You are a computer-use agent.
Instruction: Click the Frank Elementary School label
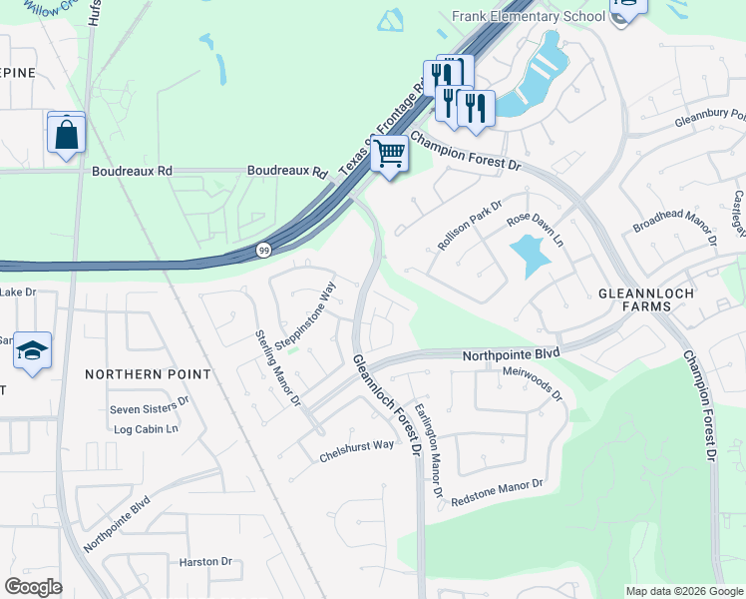click(529, 17)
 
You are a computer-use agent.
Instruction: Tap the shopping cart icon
click(390, 155)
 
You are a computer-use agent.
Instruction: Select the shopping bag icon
click(66, 133)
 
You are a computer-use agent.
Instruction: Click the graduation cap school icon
click(33, 351)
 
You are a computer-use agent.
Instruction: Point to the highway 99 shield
click(263, 249)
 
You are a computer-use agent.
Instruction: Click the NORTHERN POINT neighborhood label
click(148, 374)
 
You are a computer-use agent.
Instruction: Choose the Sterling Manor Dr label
click(278, 368)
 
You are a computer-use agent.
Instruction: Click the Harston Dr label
click(204, 562)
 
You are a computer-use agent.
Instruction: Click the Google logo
click(33, 587)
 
